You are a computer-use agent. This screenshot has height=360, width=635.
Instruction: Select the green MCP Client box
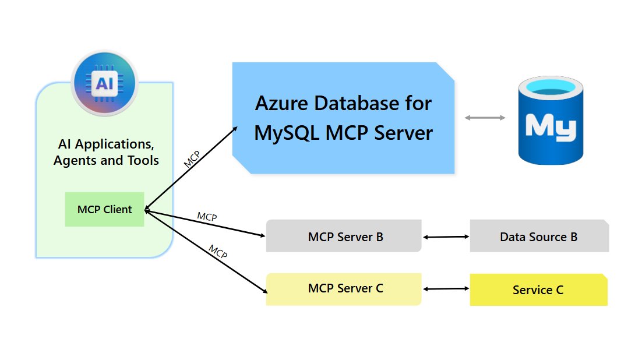[104, 210]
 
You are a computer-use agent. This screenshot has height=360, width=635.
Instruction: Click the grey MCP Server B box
[344, 237]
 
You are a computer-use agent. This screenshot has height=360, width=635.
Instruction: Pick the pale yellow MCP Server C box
[344, 289]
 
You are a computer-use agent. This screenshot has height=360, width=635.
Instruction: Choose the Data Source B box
[539, 237]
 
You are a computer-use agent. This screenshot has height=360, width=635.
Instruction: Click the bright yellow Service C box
[538, 290]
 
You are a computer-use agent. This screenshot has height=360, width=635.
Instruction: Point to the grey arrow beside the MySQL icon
[485, 118]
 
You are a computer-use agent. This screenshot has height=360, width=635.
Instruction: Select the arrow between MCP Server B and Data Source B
[446, 237]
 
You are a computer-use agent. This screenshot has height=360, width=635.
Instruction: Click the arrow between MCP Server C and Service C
[446, 289]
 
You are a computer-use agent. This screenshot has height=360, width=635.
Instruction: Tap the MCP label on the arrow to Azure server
[192, 159]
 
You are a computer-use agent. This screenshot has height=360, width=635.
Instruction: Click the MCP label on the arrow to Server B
[207, 217]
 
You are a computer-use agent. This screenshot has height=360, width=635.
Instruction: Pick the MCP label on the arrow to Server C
[217, 252]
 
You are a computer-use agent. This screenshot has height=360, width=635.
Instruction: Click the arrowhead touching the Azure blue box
[235, 129]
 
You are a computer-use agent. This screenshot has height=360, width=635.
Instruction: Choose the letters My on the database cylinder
[551, 125]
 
